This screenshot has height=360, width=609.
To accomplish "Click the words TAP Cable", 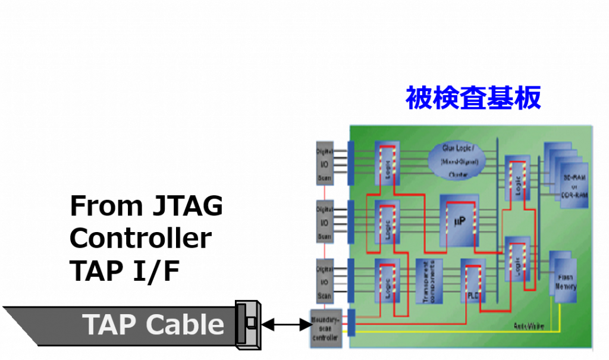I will (x=153, y=325).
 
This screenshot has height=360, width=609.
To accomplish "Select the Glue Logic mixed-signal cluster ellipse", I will (x=456, y=161).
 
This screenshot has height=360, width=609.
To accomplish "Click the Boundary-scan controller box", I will (x=325, y=328).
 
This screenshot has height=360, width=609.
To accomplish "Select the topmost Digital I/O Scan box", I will (x=324, y=162).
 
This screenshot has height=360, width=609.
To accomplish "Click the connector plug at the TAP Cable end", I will (x=249, y=324).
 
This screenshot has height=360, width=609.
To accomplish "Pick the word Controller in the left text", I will (x=140, y=238).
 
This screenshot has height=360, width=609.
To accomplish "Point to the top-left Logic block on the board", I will (x=387, y=162).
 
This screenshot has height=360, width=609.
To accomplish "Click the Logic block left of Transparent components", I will (x=387, y=280).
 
